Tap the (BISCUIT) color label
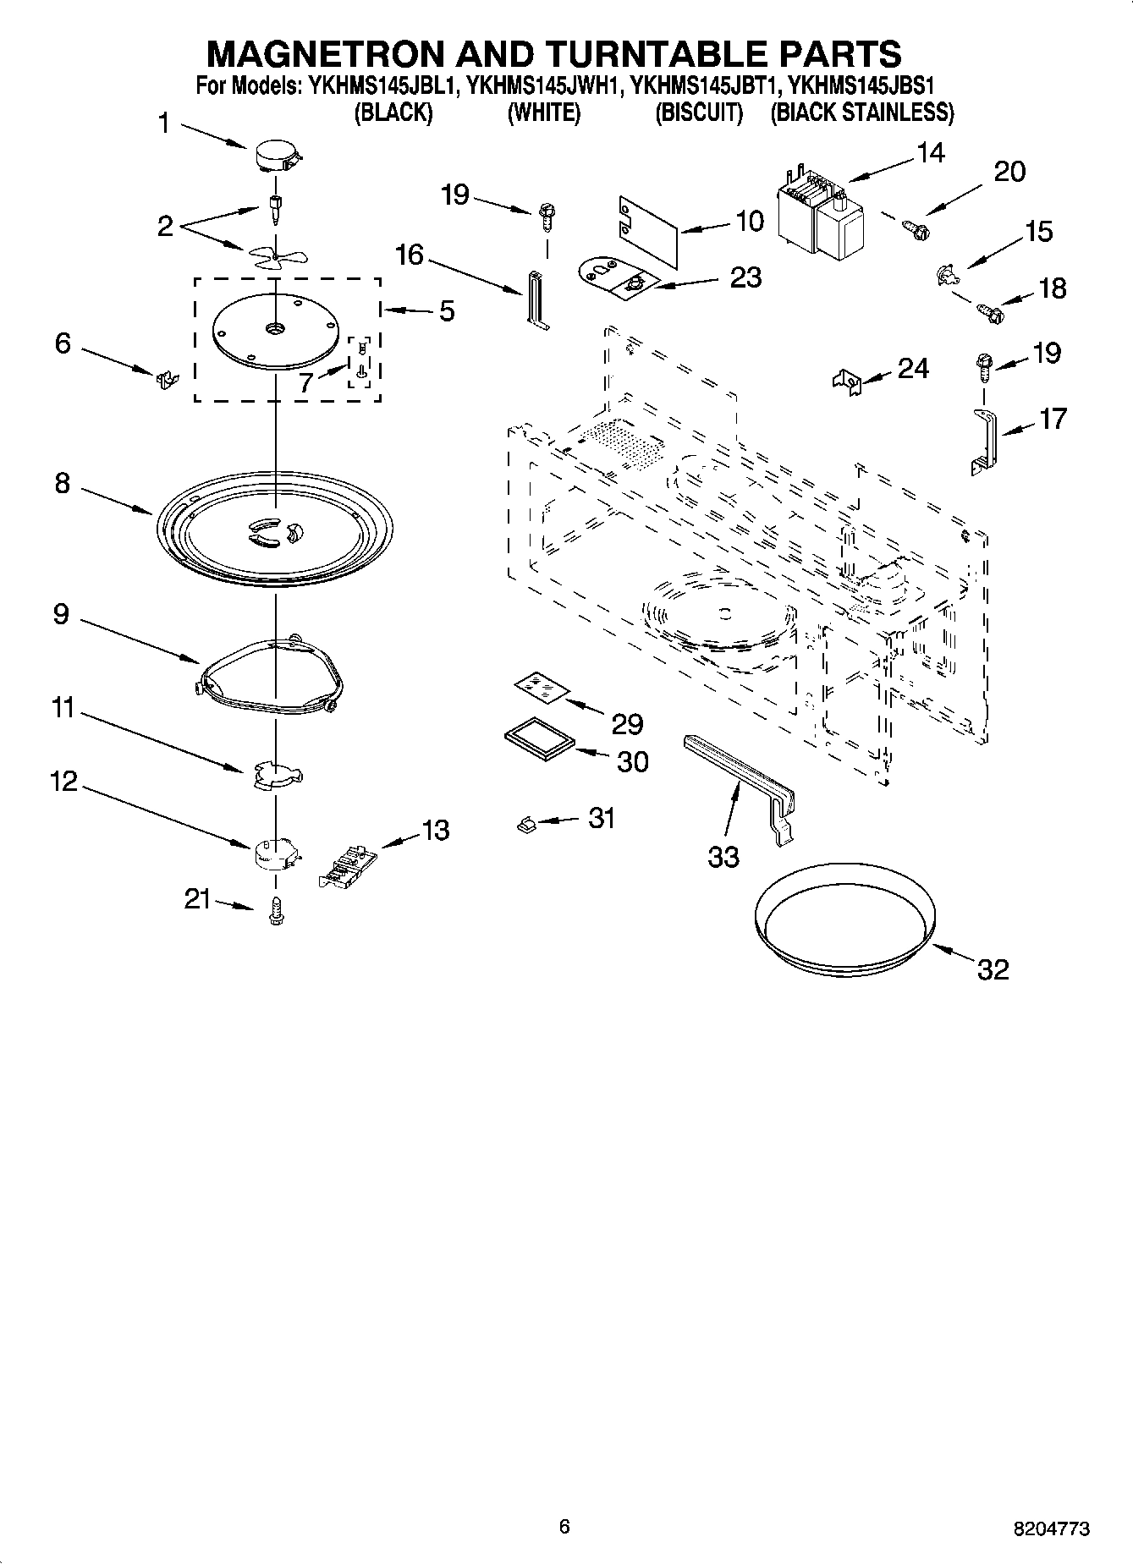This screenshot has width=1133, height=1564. pos(699,112)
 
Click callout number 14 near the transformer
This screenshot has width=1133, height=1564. pos(929,153)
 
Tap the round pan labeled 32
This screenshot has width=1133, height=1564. pos(844,919)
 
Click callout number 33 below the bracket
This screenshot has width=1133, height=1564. pos(723,857)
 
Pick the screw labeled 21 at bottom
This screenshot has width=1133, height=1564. pos(276,911)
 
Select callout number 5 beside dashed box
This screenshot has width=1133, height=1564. pos(446,311)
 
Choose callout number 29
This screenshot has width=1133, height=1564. pos(627,724)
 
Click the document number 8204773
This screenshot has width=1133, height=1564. pos(1051,1528)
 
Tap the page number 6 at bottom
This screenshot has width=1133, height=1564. pos(564,1527)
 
